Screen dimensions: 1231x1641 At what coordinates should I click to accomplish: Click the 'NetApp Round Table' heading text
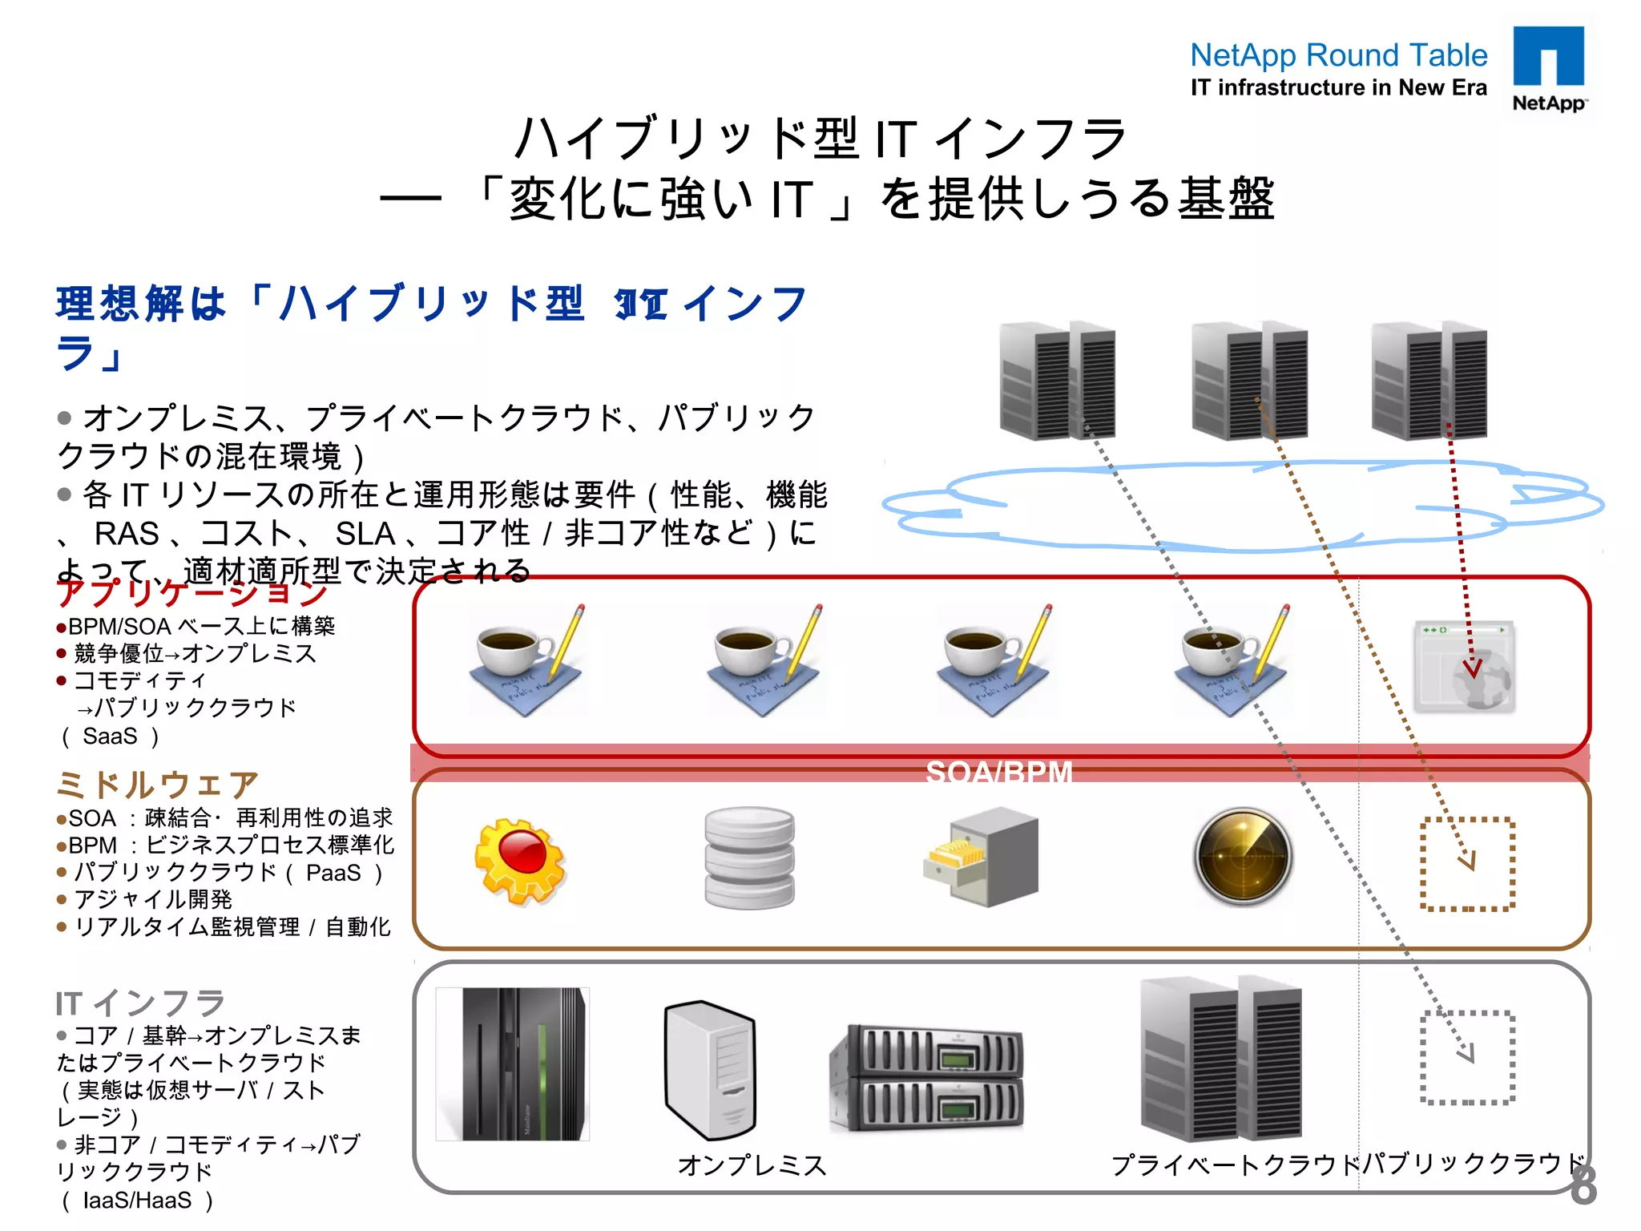point(1338,55)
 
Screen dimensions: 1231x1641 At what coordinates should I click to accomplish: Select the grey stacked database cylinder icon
point(749,858)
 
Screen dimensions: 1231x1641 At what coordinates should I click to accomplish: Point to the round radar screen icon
point(1243,856)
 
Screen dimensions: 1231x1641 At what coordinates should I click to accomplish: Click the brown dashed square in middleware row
point(1467,864)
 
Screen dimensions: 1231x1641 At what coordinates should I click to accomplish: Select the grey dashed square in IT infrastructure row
point(1467,1058)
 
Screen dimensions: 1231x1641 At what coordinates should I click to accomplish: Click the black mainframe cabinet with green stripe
point(513,1064)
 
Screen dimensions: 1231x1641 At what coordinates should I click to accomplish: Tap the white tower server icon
point(711,1068)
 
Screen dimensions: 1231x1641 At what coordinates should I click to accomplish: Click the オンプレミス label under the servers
point(752,1164)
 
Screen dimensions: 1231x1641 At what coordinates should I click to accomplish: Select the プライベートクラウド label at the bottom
point(1235,1164)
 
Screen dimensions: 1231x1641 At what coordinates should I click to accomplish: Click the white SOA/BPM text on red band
point(998,773)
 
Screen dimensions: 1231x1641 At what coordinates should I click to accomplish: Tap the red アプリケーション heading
point(192,592)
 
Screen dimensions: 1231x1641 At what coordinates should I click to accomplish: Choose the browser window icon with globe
point(1464,665)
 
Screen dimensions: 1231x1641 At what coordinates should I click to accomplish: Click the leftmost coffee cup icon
point(526,660)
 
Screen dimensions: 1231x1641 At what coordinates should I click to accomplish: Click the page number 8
point(1583,1185)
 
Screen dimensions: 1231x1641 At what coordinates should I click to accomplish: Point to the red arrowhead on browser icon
point(1473,668)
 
